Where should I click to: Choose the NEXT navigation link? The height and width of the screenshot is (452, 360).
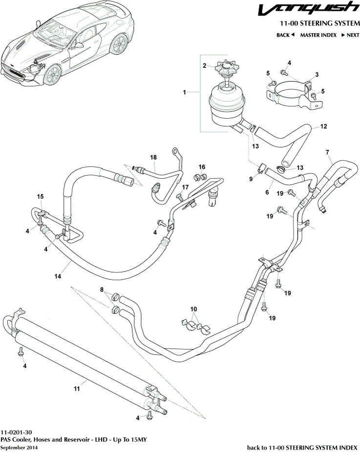(350, 35)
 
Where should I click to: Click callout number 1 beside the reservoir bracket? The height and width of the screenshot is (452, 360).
(185, 92)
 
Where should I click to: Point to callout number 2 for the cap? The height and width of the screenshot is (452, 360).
(205, 65)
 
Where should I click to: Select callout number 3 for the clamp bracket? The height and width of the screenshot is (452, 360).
(317, 74)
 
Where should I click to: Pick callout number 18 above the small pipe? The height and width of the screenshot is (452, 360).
(153, 157)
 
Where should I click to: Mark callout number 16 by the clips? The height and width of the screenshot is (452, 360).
(202, 167)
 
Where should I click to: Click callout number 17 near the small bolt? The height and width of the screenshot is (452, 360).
(185, 187)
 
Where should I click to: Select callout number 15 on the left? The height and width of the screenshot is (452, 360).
(41, 196)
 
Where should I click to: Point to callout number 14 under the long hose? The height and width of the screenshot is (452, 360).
(58, 276)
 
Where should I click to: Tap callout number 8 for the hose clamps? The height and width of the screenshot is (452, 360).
(102, 289)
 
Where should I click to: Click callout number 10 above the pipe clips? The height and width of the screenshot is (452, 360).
(194, 309)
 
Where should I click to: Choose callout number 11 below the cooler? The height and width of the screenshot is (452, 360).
(76, 389)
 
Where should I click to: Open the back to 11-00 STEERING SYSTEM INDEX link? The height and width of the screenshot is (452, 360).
(303, 447)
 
